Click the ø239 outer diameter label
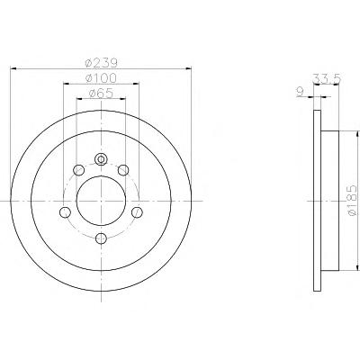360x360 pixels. [x=101, y=63]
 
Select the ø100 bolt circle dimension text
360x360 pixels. [x=101, y=78]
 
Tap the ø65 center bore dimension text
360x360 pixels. [x=101, y=94]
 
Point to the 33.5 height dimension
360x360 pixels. [x=327, y=78]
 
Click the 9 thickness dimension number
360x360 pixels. [x=300, y=92]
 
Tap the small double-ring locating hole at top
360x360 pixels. [x=101, y=159]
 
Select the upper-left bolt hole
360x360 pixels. [x=79, y=170]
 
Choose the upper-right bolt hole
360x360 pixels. [x=123, y=170]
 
